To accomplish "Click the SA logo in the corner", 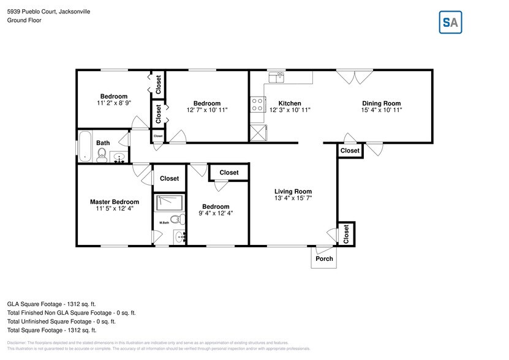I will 450,22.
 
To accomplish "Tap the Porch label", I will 324,258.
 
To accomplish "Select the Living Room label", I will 293,192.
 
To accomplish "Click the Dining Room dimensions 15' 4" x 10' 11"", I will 381,110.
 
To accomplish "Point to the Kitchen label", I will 290,103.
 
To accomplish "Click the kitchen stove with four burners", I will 257,105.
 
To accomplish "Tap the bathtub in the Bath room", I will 85,146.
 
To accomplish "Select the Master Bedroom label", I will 115,202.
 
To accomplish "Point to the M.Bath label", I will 164,223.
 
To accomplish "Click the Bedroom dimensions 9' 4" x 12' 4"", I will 216,213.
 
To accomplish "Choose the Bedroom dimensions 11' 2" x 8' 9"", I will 114,103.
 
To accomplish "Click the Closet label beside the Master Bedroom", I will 170,179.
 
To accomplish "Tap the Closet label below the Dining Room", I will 350,151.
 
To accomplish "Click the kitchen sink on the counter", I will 279,76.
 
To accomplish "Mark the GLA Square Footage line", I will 51,304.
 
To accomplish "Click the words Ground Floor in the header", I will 25,20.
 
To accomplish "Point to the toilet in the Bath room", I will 102,153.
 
